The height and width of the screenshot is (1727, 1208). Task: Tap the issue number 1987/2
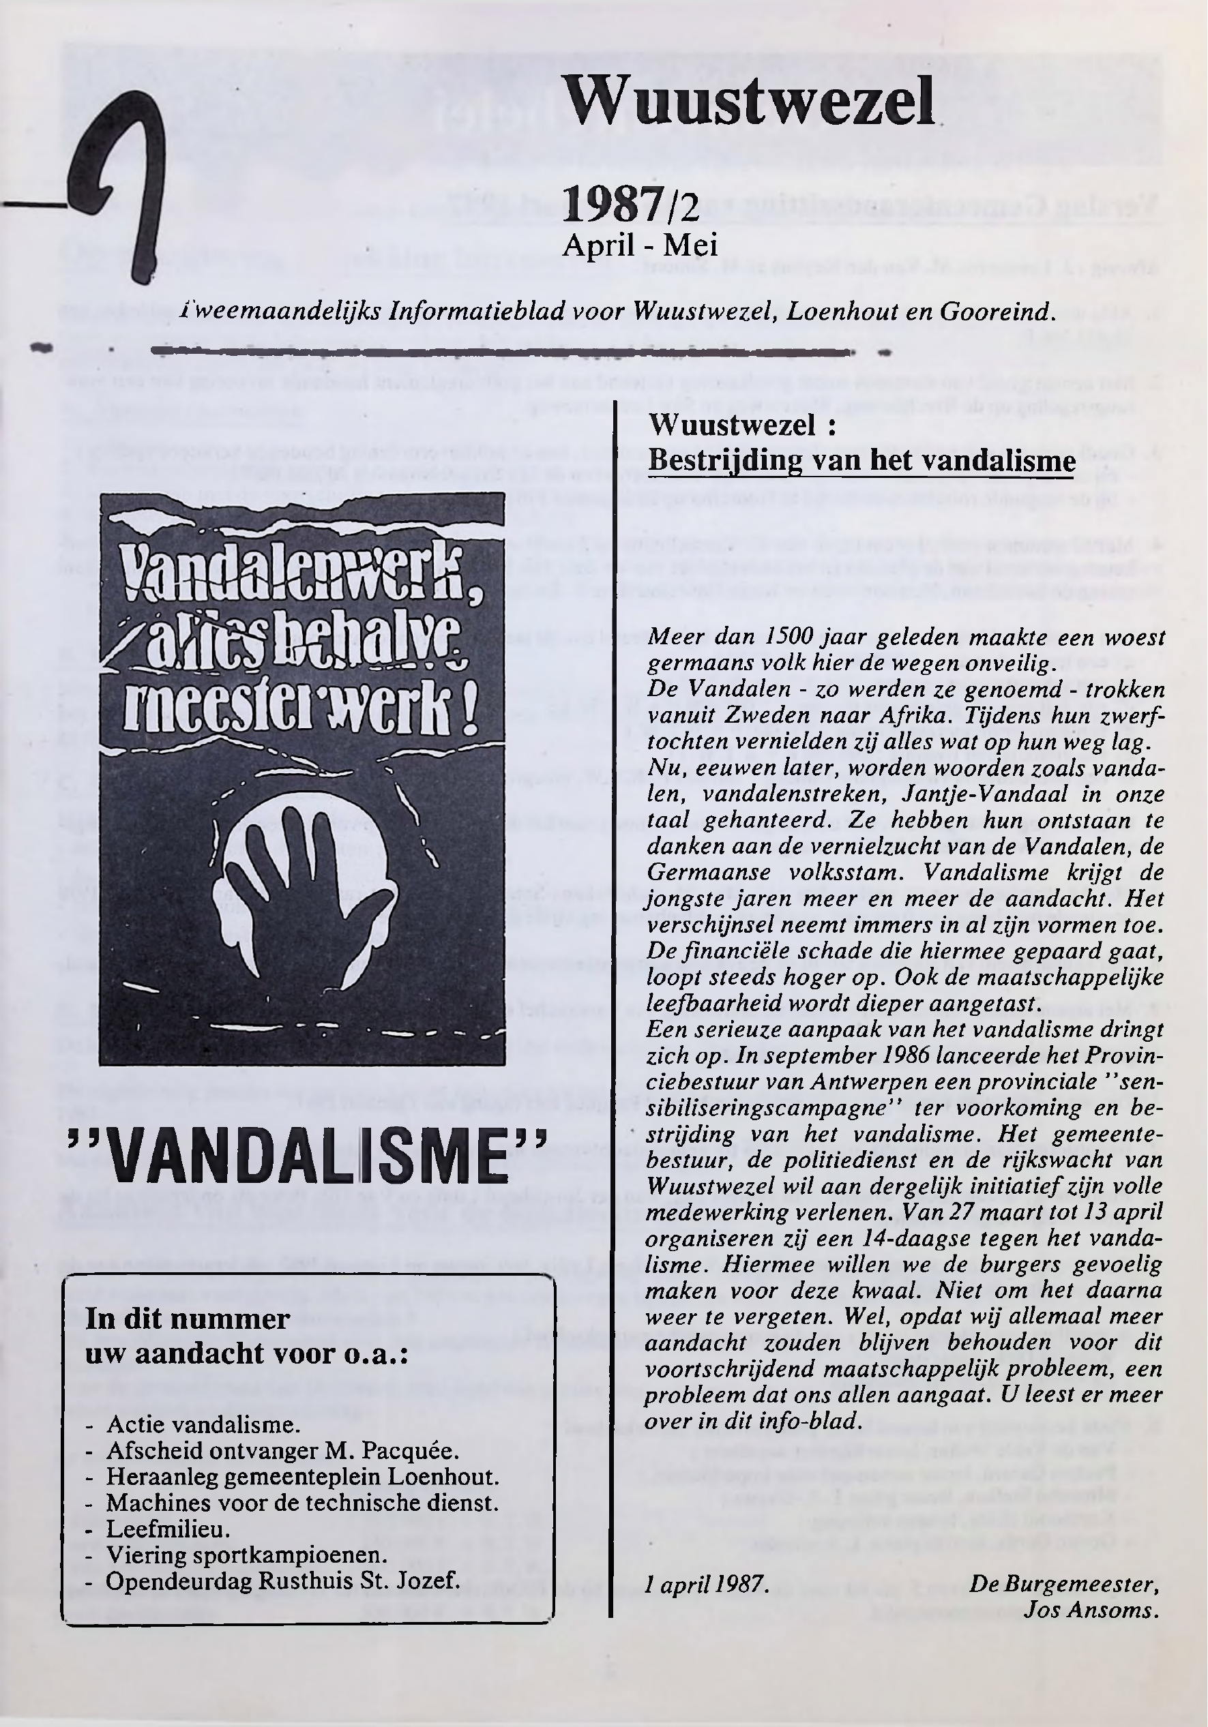point(631,205)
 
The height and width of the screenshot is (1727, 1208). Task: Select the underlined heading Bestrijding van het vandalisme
point(861,460)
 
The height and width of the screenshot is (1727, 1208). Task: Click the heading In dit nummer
point(188,1319)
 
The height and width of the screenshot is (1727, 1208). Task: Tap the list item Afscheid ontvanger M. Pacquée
point(282,1450)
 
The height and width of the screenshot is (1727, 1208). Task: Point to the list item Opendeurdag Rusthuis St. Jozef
point(282,1580)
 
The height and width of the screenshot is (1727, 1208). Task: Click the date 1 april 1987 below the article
point(707,1584)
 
